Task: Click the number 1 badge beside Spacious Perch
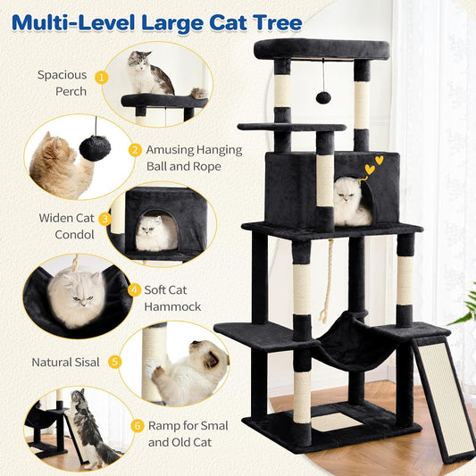102,78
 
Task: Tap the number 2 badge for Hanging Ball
135,150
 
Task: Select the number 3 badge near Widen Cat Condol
104,218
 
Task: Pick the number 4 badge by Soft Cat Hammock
135,289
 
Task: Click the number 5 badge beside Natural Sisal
114,362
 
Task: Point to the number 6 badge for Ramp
136,426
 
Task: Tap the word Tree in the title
274,21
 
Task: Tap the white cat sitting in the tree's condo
351,201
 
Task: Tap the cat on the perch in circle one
149,74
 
